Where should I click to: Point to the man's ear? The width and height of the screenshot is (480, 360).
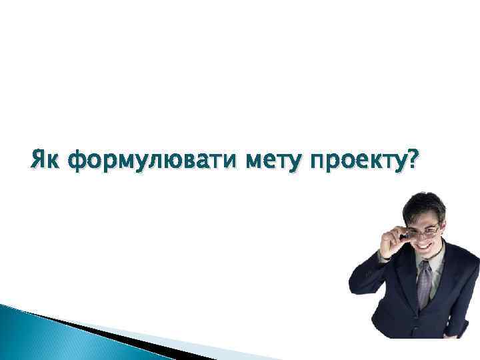pos(443,230)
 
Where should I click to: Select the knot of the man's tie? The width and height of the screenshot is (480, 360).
pos(425,267)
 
